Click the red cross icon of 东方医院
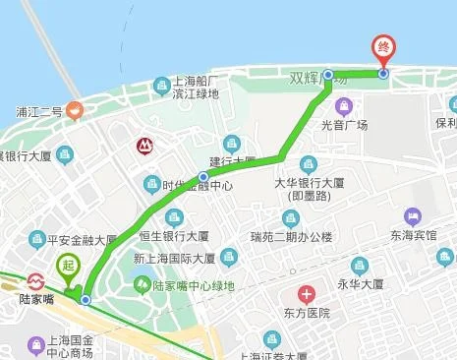click(308, 294)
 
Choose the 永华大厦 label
click(361, 287)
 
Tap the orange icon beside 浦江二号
click(76, 111)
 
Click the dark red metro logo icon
click(145, 147)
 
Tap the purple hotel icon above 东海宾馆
click(413, 214)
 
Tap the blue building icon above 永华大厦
click(361, 266)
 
